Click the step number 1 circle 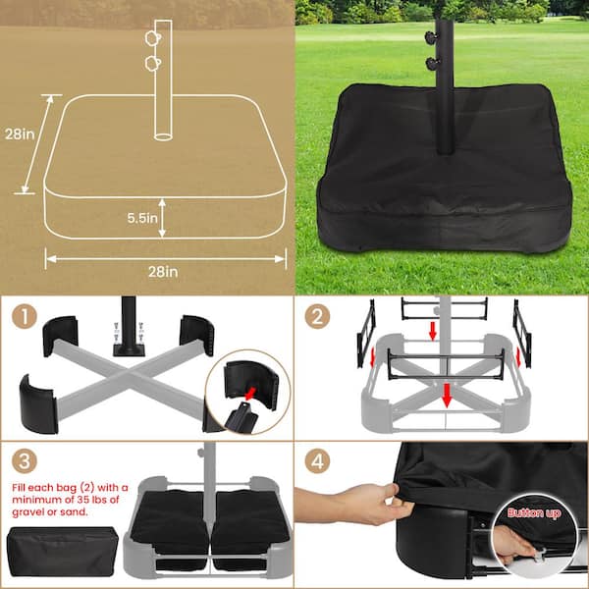(25, 316)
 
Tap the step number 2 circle (317, 316)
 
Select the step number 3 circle (25, 460)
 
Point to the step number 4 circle (317, 460)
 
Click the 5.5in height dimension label (142, 218)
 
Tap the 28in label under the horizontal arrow (163, 272)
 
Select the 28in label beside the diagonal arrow (20, 134)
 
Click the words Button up (534, 513)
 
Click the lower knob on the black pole (431, 63)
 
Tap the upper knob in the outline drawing (152, 38)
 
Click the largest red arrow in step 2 (447, 396)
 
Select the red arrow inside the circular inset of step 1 (250, 394)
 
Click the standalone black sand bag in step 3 (63, 551)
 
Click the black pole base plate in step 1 (129, 350)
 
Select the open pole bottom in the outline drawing (163, 136)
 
